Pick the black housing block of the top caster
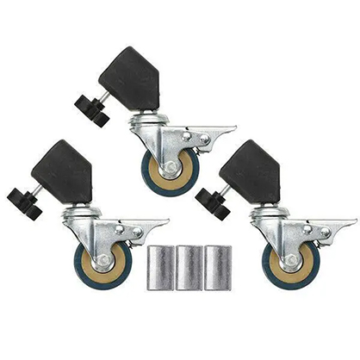133,78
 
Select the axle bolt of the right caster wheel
291,259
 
